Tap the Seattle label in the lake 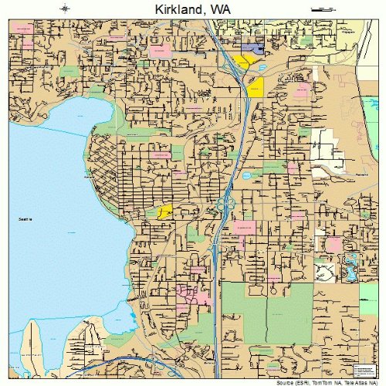(x=26, y=221)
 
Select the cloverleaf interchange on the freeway (x=226, y=204)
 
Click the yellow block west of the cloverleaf (x=164, y=212)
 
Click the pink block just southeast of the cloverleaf (x=244, y=227)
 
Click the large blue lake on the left (x=54, y=193)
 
